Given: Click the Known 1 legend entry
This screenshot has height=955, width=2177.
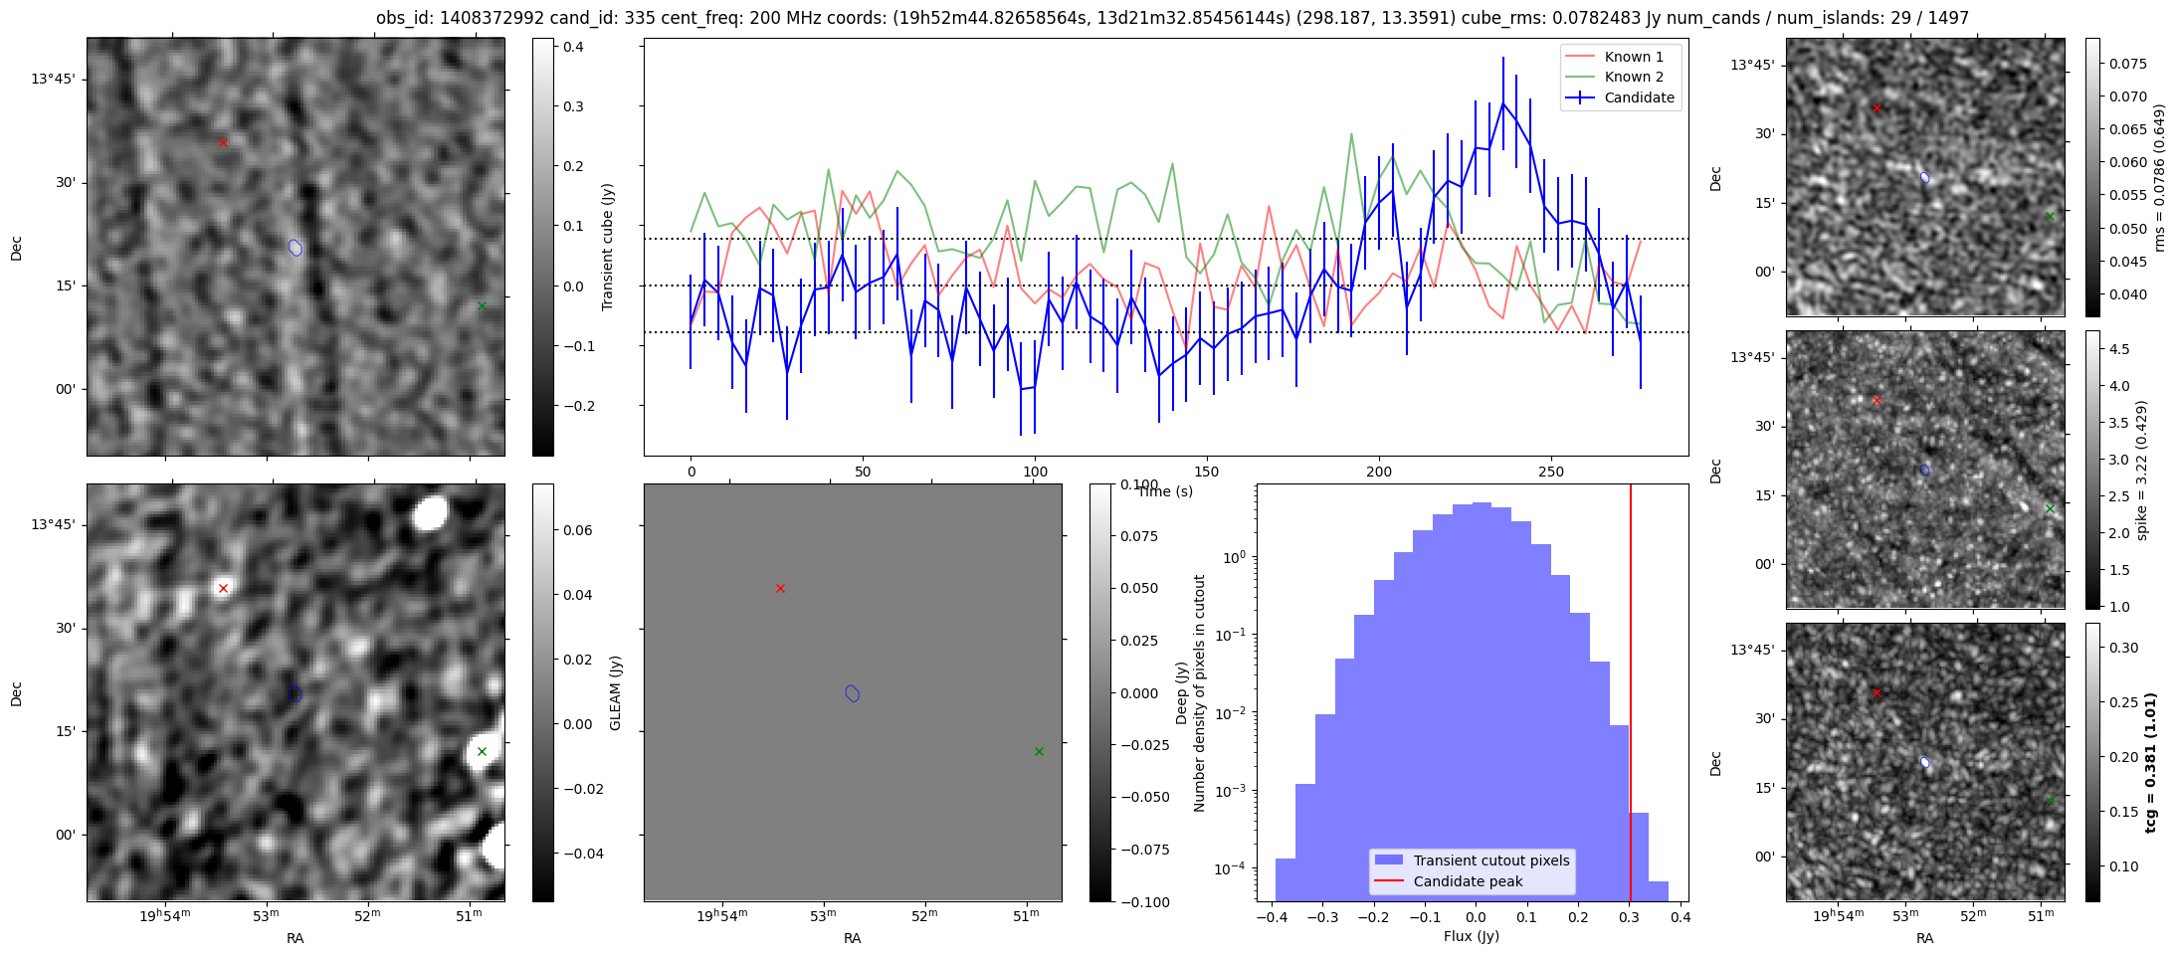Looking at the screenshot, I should pos(1633,57).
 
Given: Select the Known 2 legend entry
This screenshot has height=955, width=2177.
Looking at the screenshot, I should pos(1633,77).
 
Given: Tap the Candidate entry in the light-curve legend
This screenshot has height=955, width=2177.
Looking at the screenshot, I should pos(1639,97).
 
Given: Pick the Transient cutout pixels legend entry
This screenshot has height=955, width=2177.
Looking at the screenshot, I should pos(1490,860).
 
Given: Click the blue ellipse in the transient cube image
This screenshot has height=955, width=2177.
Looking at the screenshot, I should pos(296,248).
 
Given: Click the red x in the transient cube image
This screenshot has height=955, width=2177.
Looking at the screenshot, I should pos(223,142).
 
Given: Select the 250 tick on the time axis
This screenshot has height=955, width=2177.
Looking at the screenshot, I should pos(1550,472).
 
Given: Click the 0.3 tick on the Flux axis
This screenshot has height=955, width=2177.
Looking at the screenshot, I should pos(1630,917).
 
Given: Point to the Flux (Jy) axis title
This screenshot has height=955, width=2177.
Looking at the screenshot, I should pos(1471,936).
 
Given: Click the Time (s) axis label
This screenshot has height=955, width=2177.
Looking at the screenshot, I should pos(1165,491).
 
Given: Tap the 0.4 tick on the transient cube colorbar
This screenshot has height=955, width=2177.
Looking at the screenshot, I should pos(573,47).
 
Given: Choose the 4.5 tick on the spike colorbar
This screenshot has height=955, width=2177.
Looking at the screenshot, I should pos(2119,349).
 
